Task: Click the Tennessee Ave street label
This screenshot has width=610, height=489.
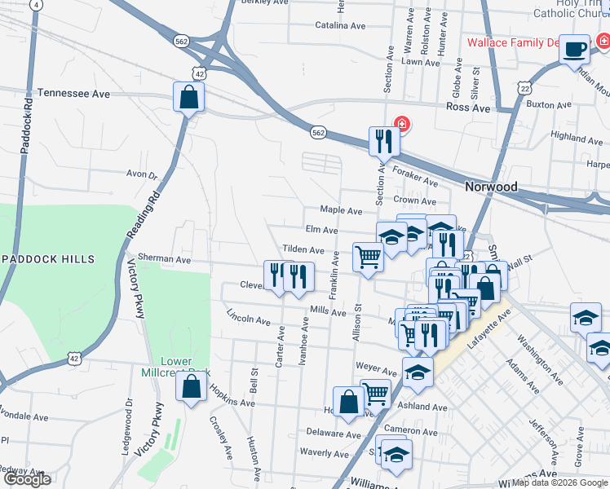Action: point(73,94)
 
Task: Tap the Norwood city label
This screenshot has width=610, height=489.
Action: point(491,187)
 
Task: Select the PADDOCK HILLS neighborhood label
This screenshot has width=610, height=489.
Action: point(50,259)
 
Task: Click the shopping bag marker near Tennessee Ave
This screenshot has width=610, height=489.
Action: point(189,97)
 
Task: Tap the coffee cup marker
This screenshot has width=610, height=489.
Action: point(576,48)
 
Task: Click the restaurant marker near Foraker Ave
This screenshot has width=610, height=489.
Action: point(382,142)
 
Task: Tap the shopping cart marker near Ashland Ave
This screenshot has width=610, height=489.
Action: point(375,394)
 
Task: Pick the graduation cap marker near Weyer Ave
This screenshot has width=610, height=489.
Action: point(418,373)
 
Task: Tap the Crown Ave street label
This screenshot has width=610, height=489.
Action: point(414,200)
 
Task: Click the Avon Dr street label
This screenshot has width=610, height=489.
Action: point(141,174)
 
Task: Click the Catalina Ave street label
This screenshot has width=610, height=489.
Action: point(341,25)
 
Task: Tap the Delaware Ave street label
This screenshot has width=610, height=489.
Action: point(334,434)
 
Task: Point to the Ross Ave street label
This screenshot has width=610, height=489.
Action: point(467,108)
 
